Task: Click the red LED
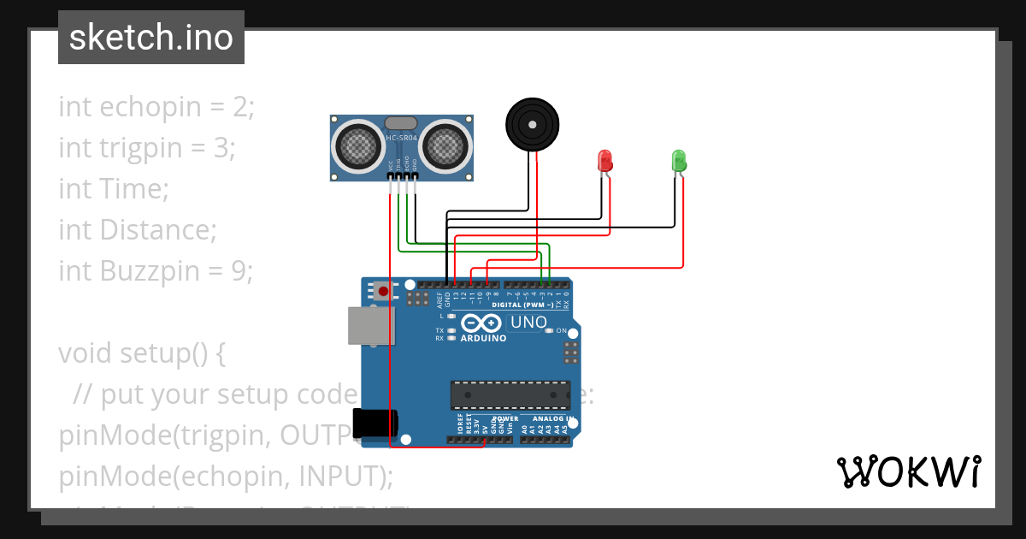(604, 160)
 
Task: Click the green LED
(678, 160)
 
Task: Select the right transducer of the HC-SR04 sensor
(446, 145)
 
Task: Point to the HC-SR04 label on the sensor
(401, 138)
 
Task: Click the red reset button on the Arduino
(383, 291)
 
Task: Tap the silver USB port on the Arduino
(371, 325)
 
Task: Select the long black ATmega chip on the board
(510, 394)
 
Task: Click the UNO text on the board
(528, 323)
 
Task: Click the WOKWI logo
(908, 471)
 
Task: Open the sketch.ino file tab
(151, 38)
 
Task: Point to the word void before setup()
(85, 352)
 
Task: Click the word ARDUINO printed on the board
(483, 338)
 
